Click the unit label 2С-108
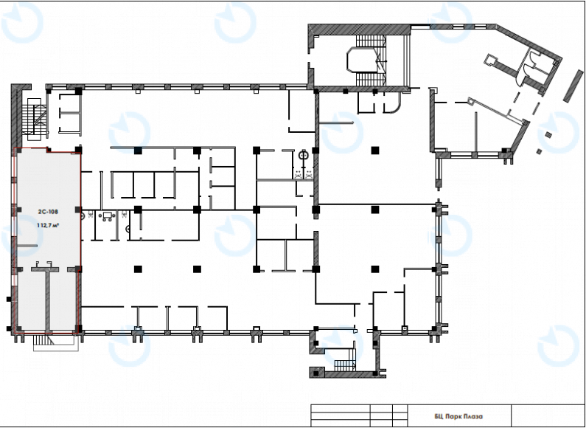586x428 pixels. [x=48, y=212]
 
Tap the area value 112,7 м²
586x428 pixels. [x=48, y=225]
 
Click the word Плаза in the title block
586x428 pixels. [x=472, y=416]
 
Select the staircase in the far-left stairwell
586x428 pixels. [x=34, y=120]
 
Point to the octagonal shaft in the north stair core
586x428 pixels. [x=362, y=60]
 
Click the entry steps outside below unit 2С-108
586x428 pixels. [x=44, y=340]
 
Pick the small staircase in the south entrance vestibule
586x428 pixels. [x=343, y=365]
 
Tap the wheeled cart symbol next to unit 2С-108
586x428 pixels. [x=108, y=216]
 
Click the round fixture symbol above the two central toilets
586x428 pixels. [x=303, y=153]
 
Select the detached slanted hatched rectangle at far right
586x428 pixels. [x=573, y=86]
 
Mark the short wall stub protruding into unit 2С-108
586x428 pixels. [x=27, y=246]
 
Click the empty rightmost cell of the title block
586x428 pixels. [x=547, y=415]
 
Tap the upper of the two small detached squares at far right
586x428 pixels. [x=548, y=135]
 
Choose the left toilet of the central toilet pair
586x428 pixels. [x=298, y=173]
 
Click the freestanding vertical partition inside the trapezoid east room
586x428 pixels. [x=475, y=132]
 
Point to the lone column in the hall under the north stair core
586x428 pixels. [x=375, y=151]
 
